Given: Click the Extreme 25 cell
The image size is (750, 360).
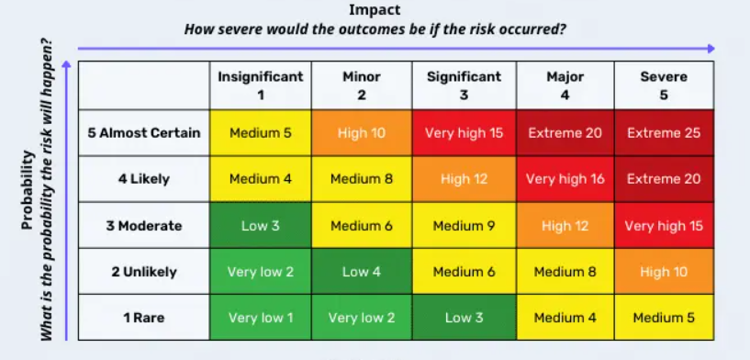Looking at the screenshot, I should [x=664, y=133].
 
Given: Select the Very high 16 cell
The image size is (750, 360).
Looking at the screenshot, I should [x=565, y=179].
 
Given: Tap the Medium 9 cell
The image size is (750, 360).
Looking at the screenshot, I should [x=464, y=226].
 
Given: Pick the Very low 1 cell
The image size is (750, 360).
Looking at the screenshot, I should [x=261, y=318].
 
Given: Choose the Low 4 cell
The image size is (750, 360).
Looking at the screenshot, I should [x=362, y=272].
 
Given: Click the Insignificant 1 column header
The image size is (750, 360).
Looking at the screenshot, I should [x=261, y=85].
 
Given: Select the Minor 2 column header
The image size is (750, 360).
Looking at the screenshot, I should [x=362, y=85].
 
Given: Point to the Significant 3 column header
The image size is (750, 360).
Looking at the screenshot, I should [x=464, y=85].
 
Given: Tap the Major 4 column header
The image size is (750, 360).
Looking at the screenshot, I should [x=565, y=85].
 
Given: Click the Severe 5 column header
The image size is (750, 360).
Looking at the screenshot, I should [x=664, y=85].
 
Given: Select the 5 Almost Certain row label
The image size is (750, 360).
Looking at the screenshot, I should [x=144, y=133].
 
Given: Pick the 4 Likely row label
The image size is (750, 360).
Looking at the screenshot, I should [x=144, y=179].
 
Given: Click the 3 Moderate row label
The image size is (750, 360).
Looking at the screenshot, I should [x=144, y=226].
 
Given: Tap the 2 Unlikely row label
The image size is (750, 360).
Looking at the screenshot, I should [x=144, y=272].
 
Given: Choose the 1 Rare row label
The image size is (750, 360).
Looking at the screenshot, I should [x=144, y=318].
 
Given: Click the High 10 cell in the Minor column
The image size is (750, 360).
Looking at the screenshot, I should [x=362, y=133].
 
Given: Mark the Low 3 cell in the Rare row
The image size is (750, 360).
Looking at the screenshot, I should [x=464, y=318].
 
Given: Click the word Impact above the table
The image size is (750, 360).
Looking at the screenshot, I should [x=375, y=10].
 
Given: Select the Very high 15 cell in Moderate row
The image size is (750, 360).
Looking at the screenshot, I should [x=664, y=226].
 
